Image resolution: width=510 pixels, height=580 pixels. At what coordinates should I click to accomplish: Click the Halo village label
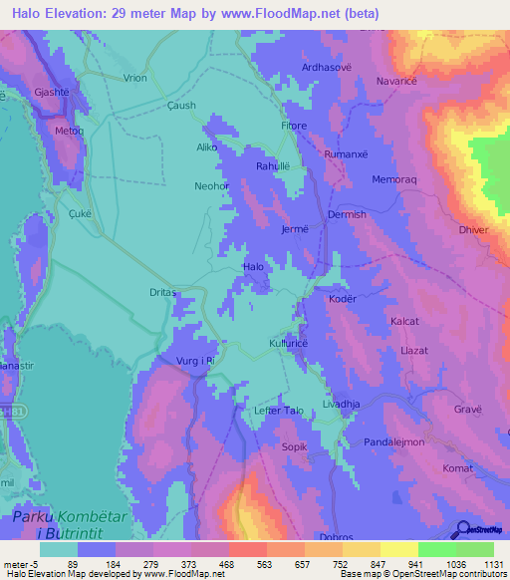coord(254,267)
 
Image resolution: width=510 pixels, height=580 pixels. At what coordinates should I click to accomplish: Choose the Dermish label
coord(347,214)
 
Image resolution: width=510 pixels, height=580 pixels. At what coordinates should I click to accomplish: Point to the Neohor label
coord(212,186)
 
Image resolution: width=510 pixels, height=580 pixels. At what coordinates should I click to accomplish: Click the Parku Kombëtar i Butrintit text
coord(72,526)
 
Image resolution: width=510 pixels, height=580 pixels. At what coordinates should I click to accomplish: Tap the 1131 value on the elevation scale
coord(480,563)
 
